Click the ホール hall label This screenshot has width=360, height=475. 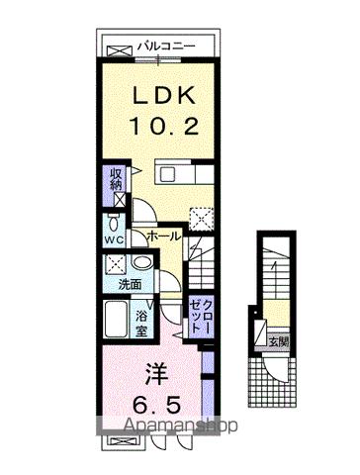(162, 238)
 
